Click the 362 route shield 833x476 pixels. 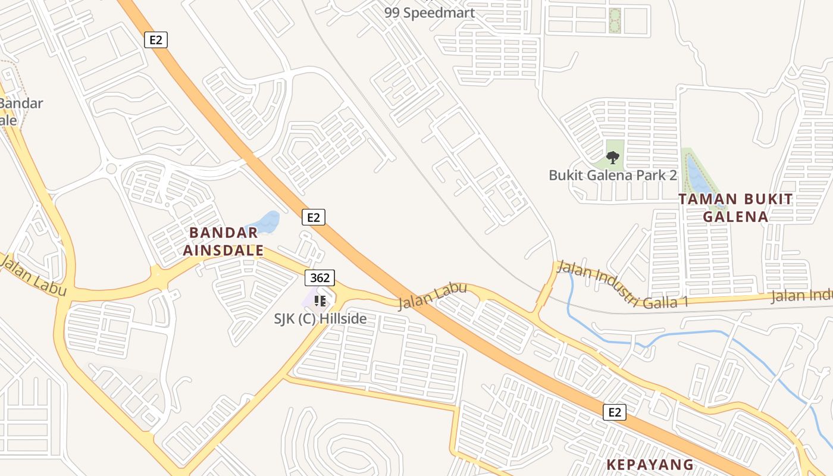click(320, 278)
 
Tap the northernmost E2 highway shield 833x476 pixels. click(156, 40)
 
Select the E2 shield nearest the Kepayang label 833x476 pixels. click(615, 412)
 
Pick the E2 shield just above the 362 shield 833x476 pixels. click(314, 217)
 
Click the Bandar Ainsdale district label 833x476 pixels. click(223, 241)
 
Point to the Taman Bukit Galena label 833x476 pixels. click(735, 208)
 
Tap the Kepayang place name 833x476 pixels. click(650, 465)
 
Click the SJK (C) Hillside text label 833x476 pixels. click(320, 319)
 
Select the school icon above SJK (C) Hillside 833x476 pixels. click(320, 300)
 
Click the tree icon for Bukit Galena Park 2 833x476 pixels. click(613, 158)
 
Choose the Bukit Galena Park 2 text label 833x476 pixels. click(613, 176)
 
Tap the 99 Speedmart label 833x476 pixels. click(430, 12)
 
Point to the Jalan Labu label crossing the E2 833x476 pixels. click(432, 296)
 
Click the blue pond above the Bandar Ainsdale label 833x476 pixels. click(266, 222)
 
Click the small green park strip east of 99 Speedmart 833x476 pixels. click(615, 21)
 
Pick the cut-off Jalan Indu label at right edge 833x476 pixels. click(801, 296)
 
